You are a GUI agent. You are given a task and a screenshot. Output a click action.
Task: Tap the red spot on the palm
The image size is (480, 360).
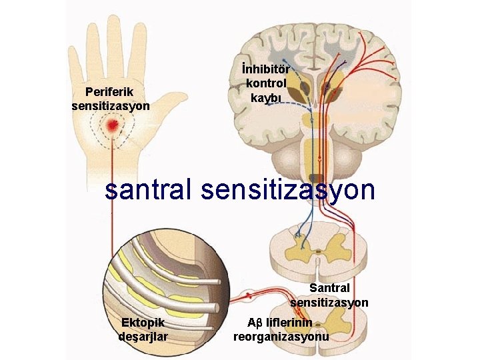(x=114, y=125)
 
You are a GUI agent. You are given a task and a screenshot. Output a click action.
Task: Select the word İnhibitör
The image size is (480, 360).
(x=267, y=69)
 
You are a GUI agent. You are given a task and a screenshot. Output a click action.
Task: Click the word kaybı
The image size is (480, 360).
(x=267, y=97)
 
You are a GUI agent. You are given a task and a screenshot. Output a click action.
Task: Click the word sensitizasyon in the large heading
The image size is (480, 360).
(x=287, y=189)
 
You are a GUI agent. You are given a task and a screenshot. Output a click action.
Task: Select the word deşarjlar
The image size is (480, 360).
(x=143, y=337)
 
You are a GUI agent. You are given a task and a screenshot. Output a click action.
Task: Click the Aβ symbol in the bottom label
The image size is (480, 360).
(x=255, y=323)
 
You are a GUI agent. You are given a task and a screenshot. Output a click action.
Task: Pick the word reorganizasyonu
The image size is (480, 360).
(x=281, y=337)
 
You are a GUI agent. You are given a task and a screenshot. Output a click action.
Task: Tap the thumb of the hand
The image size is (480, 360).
(x=175, y=103)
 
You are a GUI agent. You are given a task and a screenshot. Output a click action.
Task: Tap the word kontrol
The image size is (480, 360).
(x=267, y=83)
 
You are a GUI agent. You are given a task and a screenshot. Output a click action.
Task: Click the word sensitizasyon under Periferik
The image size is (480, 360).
(x=110, y=105)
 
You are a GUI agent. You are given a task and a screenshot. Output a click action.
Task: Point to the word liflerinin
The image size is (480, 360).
(x=293, y=323)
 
